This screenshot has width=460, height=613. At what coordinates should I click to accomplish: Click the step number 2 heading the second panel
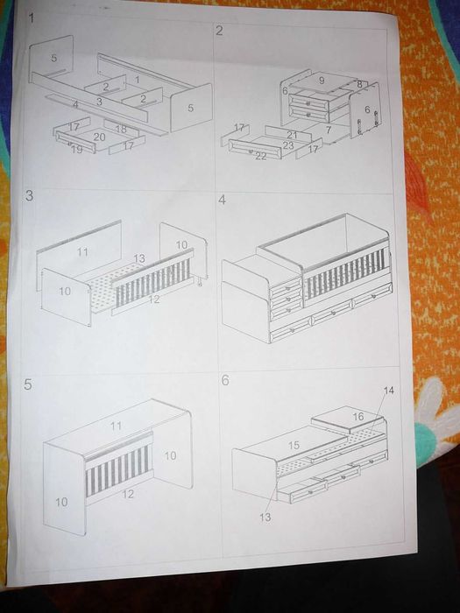click(x=219, y=31)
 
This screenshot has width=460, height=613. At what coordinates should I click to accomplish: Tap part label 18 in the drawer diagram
click(x=121, y=129)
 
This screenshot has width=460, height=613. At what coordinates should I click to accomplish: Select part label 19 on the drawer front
click(x=77, y=149)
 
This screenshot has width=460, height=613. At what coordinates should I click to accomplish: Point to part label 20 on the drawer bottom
click(x=99, y=137)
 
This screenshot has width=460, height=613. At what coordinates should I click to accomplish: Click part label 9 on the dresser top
click(x=322, y=81)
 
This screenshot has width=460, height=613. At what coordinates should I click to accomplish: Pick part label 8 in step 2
click(x=359, y=84)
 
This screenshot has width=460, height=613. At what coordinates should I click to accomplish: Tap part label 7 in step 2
click(x=329, y=130)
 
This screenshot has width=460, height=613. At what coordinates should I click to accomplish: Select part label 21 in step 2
click(x=292, y=135)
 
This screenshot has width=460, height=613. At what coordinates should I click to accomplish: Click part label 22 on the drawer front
click(x=261, y=156)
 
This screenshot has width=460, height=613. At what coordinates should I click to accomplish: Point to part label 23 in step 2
click(x=288, y=145)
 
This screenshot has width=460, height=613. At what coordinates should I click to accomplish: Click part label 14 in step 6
click(x=389, y=391)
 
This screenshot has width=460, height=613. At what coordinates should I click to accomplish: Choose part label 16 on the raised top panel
click(x=358, y=417)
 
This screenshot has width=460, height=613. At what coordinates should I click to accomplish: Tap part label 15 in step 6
click(x=294, y=445)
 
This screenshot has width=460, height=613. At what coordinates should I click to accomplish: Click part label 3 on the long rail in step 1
click(x=99, y=102)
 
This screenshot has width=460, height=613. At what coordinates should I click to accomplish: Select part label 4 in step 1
click(x=76, y=104)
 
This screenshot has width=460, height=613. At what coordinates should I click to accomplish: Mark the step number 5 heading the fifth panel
click(x=27, y=384)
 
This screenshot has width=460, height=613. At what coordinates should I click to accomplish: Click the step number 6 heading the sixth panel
click(x=225, y=380)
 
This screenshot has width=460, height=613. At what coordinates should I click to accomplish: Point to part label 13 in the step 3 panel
click(x=139, y=258)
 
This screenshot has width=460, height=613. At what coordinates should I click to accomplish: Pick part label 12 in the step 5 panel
click(x=128, y=494)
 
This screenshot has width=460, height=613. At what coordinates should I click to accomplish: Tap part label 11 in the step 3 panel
click(x=82, y=252)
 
